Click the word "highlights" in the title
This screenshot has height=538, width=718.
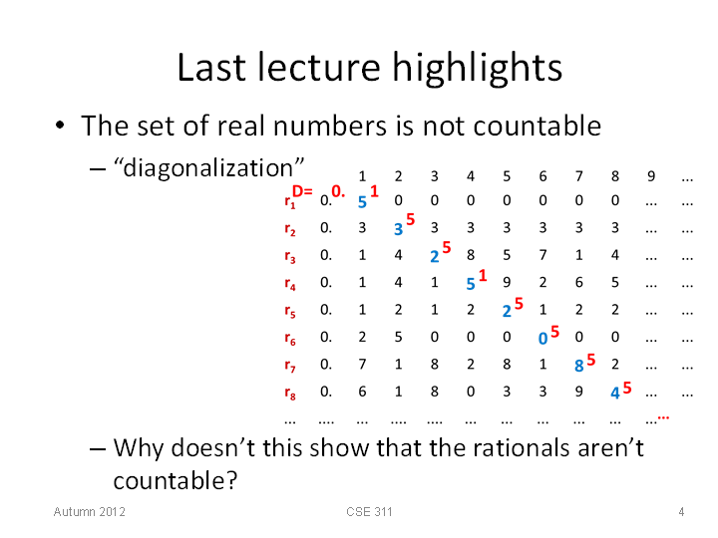click(477, 69)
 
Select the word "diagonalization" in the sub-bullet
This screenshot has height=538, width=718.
click(208, 168)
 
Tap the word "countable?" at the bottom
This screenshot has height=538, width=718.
click(176, 480)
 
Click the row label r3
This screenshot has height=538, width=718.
click(290, 256)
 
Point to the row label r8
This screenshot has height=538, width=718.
click(290, 393)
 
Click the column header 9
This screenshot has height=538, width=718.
click(651, 176)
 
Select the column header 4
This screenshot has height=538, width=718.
click(471, 176)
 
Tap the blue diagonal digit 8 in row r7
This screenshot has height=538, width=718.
click(578, 366)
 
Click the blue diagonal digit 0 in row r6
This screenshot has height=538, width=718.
click(542, 339)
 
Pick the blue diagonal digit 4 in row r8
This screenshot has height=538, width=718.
click(615, 393)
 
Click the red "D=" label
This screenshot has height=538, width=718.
click(302, 190)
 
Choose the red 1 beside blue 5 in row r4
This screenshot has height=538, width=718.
click(483, 275)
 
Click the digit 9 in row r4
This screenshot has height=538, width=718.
click(507, 282)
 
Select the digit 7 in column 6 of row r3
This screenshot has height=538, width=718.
click(542, 255)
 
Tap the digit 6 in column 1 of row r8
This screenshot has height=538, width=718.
click(362, 392)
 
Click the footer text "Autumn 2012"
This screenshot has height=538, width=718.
click(90, 511)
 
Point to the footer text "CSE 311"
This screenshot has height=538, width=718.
click(369, 511)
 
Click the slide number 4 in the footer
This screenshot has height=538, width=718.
click(681, 511)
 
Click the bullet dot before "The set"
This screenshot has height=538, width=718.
click(60, 125)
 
